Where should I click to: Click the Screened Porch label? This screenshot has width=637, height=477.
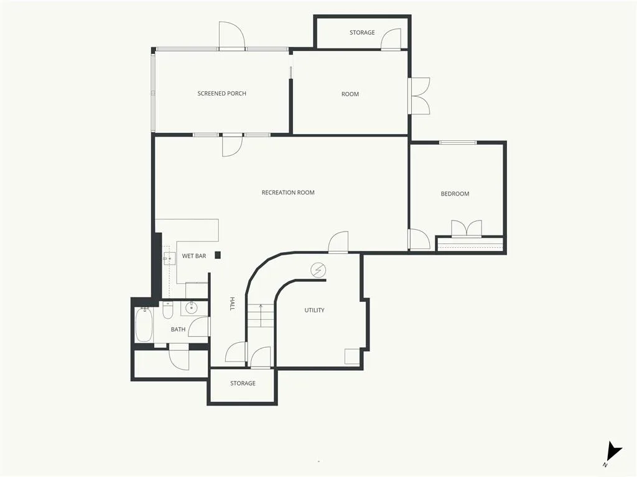[x=222, y=93]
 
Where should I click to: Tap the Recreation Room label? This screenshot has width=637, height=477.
[x=288, y=193]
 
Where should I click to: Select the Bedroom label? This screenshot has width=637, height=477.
[x=455, y=194]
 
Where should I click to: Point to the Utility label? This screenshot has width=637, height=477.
[x=314, y=311]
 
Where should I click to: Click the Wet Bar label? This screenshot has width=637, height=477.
[x=194, y=256]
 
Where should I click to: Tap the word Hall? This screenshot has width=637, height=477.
[x=232, y=304]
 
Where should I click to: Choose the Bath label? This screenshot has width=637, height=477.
[x=178, y=329]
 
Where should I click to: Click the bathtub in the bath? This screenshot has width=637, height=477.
[x=144, y=324]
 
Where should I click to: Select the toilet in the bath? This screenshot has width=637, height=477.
[x=168, y=310]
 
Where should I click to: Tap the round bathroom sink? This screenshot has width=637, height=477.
[x=192, y=308]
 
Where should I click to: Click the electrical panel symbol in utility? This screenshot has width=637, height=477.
[x=318, y=270]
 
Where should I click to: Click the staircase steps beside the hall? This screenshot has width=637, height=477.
[x=261, y=315]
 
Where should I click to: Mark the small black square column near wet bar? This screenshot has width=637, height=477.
[x=218, y=255]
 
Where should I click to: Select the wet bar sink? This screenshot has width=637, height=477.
[x=169, y=258]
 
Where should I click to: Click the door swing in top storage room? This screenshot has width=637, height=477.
[x=391, y=39]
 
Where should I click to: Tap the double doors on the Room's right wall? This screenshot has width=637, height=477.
[x=419, y=96]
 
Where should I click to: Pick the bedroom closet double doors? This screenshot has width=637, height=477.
[x=467, y=229]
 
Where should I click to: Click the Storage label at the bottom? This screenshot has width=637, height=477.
[x=243, y=383]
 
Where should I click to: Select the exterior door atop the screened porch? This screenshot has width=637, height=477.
[x=232, y=35]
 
